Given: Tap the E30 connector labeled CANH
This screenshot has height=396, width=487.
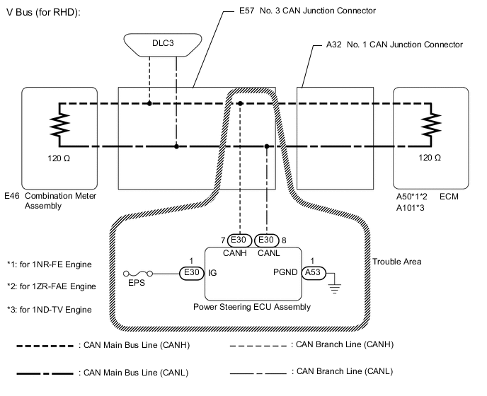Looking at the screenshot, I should click(239, 239).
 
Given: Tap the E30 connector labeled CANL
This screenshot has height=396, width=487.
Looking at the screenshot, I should click(266, 239).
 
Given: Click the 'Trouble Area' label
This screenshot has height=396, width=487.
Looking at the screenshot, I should click(397, 262).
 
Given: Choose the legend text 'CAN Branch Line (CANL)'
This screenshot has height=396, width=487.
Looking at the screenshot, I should click(341, 371).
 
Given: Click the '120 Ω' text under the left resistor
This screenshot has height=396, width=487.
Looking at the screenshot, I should click(59, 157).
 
